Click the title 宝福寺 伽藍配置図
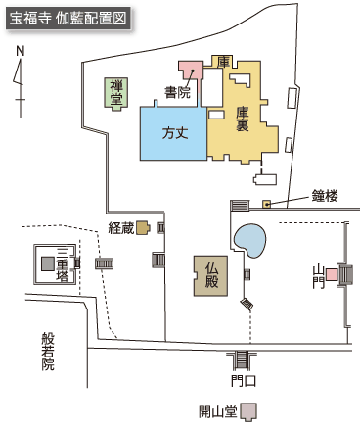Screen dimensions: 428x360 pyautogui.click(x=66, y=19)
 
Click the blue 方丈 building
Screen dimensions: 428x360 pyautogui.click(x=173, y=131)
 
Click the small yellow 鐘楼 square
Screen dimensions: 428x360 pyautogui.click(x=266, y=204)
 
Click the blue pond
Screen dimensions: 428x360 pyautogui.click(x=250, y=239)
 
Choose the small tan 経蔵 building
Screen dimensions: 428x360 pyautogui.click(x=143, y=227)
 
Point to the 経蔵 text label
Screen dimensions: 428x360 pyautogui.click(x=120, y=227)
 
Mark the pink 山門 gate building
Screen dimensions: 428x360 pyautogui.click(x=333, y=275)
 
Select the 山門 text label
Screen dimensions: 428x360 pyautogui.click(x=317, y=276)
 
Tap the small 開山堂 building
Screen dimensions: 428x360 pyautogui.click(x=249, y=411)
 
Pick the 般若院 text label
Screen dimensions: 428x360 pyautogui.click(x=48, y=352)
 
